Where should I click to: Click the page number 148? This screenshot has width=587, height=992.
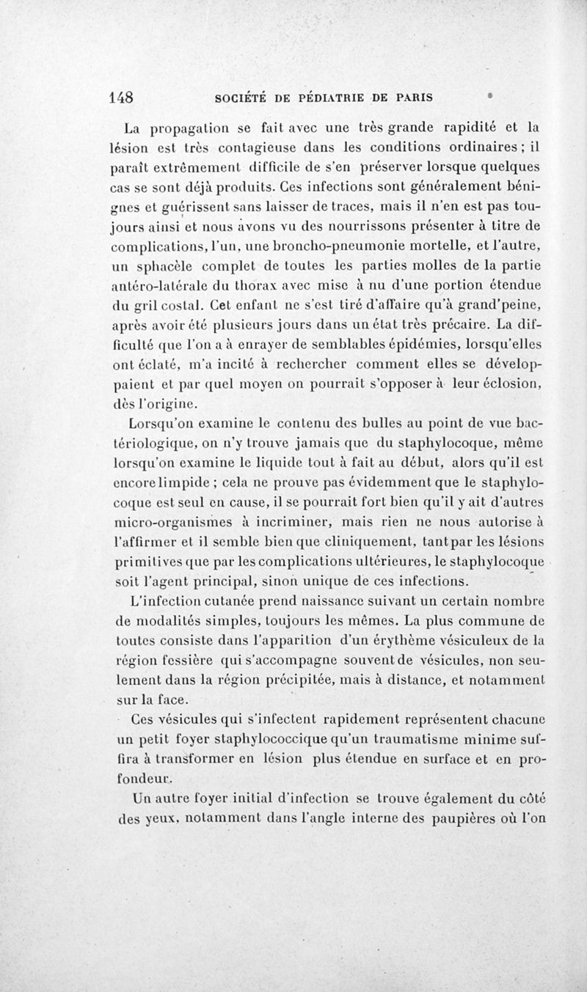coord(120,98)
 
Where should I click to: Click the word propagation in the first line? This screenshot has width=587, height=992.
coord(189,122)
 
